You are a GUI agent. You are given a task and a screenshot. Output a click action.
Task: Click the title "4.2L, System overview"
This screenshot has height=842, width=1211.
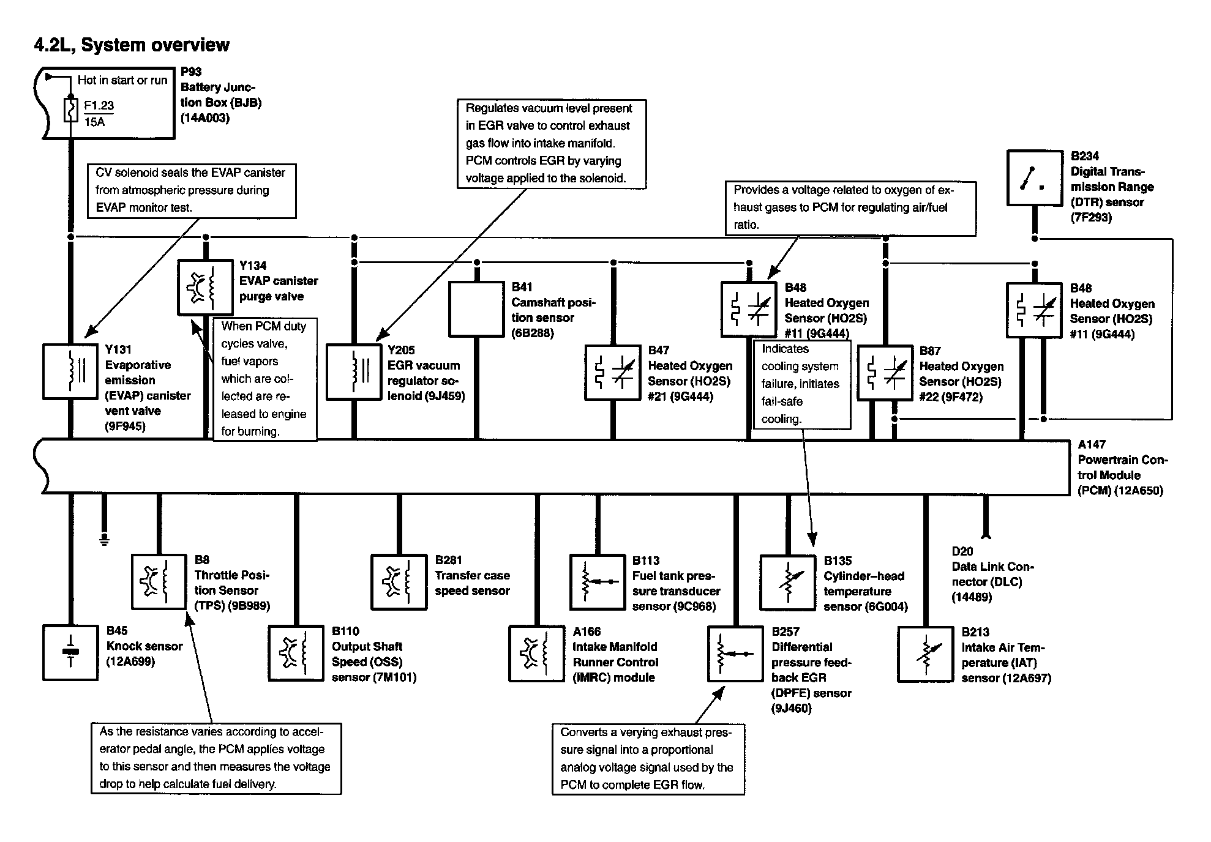132,45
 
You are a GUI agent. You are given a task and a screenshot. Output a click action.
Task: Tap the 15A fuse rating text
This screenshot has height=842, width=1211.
95,122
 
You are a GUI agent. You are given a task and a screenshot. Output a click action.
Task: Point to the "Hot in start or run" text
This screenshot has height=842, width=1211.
122,80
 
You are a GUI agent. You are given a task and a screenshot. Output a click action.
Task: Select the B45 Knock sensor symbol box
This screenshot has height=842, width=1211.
70,653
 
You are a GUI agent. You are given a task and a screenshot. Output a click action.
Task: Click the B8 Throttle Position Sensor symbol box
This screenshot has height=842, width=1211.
159,582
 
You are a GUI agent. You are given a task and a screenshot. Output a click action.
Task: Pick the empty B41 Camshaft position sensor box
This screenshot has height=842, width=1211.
476,308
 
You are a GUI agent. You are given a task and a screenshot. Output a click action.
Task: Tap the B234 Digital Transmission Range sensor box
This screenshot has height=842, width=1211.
1035,177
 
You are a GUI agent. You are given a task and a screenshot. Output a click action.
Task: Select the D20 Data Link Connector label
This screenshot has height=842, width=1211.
992,573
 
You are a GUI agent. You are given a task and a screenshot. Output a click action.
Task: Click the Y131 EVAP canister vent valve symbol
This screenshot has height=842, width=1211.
70,371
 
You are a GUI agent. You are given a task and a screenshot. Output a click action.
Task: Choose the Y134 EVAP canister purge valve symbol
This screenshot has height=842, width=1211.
205,288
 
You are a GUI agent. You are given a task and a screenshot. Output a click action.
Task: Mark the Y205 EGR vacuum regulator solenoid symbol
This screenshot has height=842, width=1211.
354,371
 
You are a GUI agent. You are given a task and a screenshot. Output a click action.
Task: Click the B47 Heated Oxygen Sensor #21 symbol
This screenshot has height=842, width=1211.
613,373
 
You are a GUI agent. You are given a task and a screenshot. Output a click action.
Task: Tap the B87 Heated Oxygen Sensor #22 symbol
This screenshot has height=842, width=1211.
885,373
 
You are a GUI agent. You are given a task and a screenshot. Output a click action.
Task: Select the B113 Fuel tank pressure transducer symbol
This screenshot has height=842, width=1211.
598,583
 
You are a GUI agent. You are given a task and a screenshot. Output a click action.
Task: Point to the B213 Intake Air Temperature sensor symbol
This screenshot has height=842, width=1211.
925,654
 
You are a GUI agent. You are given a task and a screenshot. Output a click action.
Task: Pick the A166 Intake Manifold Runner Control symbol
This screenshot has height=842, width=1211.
536,654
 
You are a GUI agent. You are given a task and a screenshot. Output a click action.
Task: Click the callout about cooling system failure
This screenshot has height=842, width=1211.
801,384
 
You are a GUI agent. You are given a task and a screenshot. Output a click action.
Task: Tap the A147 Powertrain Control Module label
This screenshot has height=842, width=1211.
1122,468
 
